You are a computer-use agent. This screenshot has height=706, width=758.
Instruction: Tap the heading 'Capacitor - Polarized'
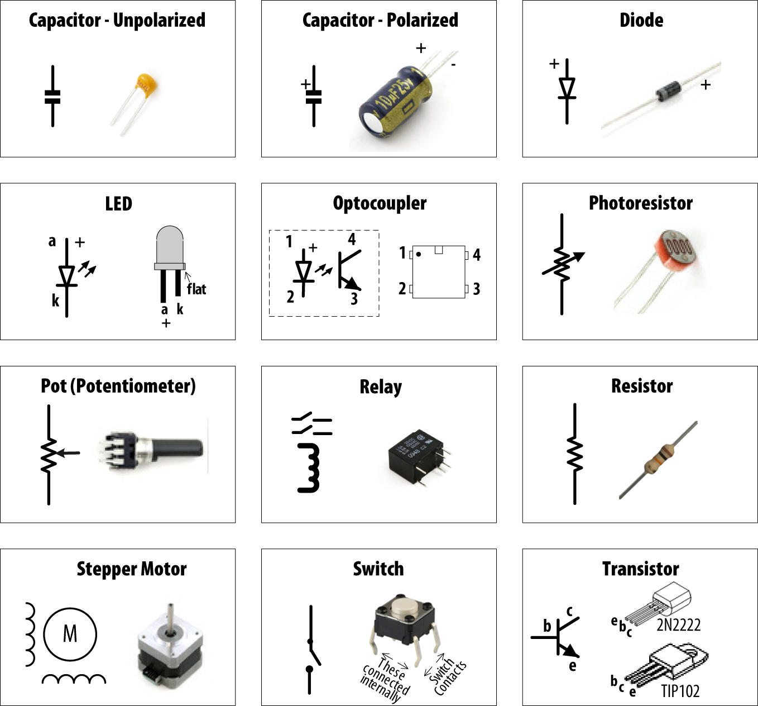pos(380,20)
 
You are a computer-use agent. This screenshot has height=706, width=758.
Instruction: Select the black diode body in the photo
pos(668,90)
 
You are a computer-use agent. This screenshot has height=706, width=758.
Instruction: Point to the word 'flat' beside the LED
pos(196,289)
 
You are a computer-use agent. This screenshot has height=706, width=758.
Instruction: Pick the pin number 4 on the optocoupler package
pos(477,255)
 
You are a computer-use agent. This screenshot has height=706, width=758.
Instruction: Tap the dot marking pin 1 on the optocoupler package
pos(419,254)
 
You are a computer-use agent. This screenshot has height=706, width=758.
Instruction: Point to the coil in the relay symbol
pos(310,468)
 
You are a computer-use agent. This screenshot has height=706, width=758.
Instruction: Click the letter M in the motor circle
pos(70,634)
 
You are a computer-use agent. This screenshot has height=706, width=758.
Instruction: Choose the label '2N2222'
pos(678,624)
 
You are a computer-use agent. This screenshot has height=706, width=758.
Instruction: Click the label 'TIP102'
pos(680,691)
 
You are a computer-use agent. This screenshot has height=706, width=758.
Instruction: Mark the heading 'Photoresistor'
pos(641,203)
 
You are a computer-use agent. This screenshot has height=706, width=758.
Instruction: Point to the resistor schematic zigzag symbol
pos(574,454)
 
